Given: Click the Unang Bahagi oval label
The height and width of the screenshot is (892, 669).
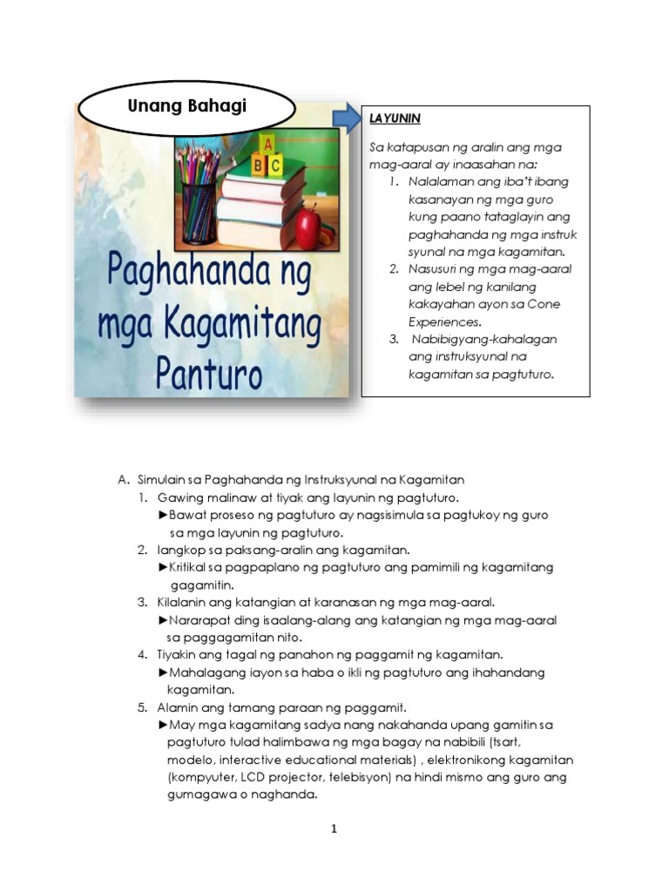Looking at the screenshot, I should (187, 106).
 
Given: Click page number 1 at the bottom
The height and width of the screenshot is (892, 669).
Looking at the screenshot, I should (334, 828).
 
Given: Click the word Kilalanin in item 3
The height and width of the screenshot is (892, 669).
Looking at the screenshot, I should (180, 602).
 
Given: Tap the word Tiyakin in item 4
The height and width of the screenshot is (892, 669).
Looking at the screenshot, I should (178, 654).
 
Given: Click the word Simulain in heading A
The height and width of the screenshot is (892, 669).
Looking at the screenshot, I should (162, 479).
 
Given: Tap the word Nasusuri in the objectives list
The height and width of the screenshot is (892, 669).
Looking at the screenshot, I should (434, 269).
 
